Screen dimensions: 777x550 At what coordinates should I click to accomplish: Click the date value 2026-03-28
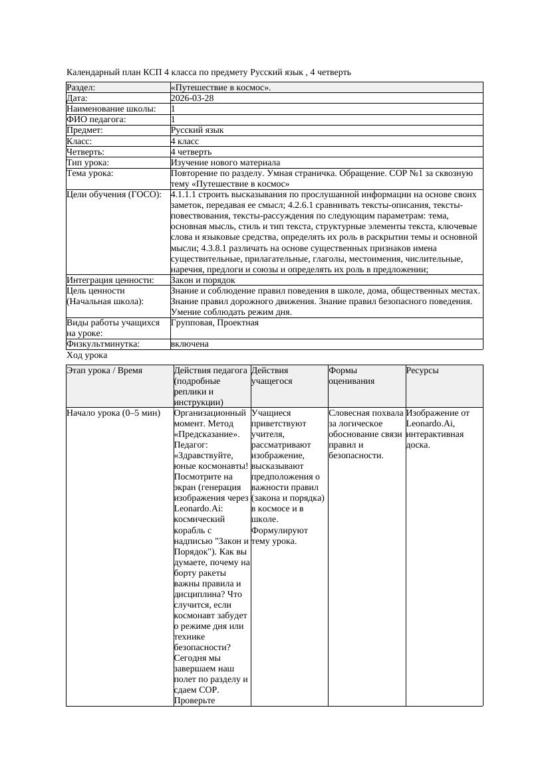[x=192, y=98]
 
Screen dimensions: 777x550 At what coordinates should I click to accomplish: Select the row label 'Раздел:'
[x=81, y=87]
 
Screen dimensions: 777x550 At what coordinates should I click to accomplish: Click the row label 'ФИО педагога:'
[x=96, y=120]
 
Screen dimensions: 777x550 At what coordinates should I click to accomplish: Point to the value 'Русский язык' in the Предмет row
[x=197, y=130]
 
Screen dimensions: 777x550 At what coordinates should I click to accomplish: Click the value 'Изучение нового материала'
[x=225, y=162]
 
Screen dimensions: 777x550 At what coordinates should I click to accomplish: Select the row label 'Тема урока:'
[x=90, y=173]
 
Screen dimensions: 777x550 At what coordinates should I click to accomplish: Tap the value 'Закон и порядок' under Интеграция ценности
[x=202, y=280]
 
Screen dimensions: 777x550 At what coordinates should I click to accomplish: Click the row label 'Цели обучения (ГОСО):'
[x=114, y=195]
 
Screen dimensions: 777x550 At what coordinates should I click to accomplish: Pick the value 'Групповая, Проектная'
[x=214, y=323]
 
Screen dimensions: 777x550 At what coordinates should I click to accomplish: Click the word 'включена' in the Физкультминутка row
[x=190, y=344]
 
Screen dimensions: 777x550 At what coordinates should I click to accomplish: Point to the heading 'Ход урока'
[x=86, y=355]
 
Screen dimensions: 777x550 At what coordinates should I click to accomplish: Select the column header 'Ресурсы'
[x=422, y=371]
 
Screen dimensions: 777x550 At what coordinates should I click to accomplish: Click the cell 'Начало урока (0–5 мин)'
[x=114, y=413]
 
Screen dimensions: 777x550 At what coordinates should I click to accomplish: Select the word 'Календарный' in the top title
[x=90, y=72]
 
